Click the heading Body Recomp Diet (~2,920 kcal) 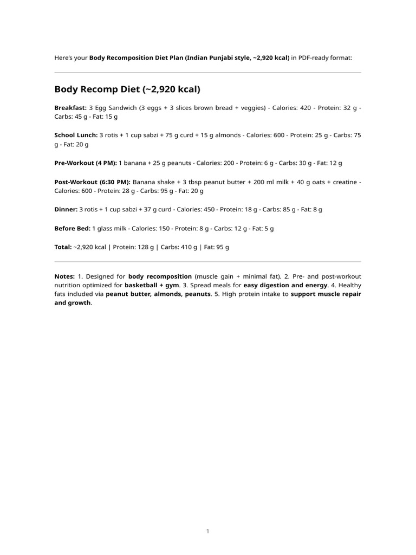pyautogui.click(x=127, y=89)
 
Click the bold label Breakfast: pyautogui.click(x=70, y=108)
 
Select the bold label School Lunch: pyautogui.click(x=76, y=135)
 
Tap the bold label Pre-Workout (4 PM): pyautogui.click(x=86, y=163)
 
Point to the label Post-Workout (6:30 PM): pyautogui.click(x=92, y=182)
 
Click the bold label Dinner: pyautogui.click(x=66, y=209)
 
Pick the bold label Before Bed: pyautogui.click(x=73, y=229)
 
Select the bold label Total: pyautogui.click(x=63, y=247)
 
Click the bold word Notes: pyautogui.click(x=64, y=276)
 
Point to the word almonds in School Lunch pyautogui.click(x=228, y=135)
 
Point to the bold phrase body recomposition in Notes pyautogui.click(x=160, y=276)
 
